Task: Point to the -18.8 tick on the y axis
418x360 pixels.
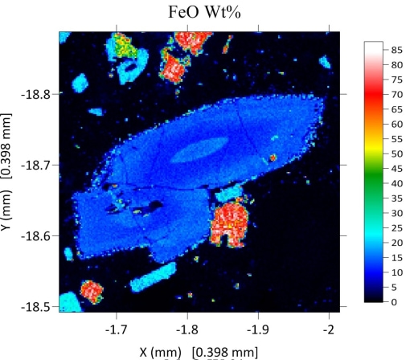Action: [39, 94]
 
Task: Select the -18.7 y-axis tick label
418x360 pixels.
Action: [39, 165]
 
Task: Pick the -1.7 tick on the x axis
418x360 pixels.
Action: [117, 329]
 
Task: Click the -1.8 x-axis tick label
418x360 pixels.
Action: [188, 329]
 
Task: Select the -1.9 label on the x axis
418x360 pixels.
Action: [258, 329]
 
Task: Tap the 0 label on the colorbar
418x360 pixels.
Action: [396, 301]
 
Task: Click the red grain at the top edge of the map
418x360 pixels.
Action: [193, 39]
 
